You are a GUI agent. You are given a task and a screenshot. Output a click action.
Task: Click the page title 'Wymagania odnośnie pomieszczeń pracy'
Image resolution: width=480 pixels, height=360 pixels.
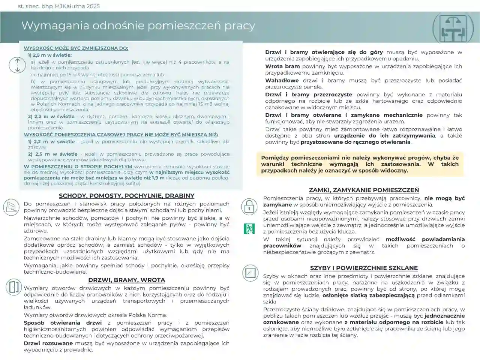pyautogui.click(x=138, y=25)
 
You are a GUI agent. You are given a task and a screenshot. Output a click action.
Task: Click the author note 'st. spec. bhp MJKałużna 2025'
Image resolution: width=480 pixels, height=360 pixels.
pyautogui.click(x=59, y=6)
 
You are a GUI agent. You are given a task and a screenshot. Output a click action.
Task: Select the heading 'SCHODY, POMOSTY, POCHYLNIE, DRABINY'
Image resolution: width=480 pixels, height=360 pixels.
pyautogui.click(x=126, y=196)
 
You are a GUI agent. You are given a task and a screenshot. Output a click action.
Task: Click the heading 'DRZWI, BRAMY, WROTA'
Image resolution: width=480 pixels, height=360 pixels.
pyautogui.click(x=126, y=280)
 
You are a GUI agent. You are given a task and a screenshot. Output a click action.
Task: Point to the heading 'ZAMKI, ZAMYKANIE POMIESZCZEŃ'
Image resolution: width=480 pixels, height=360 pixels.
pyautogui.click(x=364, y=190)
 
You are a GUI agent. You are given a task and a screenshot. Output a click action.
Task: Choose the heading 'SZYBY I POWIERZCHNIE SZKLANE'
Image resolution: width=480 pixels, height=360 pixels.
pyautogui.click(x=364, y=268)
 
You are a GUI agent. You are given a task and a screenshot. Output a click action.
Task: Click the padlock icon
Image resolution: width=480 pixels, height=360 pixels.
pyautogui.click(x=249, y=206)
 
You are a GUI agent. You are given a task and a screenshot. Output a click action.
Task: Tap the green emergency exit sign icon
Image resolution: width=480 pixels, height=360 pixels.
pyautogui.click(x=249, y=228)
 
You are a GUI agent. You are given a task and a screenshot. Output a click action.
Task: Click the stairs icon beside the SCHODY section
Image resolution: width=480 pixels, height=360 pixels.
pyautogui.click(x=11, y=207)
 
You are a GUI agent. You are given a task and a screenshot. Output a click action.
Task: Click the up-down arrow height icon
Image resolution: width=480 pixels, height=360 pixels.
pyautogui.click(x=17, y=65)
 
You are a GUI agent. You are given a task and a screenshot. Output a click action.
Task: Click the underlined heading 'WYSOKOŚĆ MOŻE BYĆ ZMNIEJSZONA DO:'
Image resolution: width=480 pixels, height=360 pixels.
pyautogui.click(x=76, y=48)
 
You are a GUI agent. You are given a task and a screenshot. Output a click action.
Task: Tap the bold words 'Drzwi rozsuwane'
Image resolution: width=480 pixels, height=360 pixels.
pyautogui.click(x=48, y=343)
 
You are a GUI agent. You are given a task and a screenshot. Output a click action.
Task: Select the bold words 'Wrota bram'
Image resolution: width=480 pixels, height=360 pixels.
pyautogui.click(x=282, y=66)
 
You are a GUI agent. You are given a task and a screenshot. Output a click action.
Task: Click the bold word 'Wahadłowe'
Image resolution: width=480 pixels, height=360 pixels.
pyautogui.click(x=282, y=81)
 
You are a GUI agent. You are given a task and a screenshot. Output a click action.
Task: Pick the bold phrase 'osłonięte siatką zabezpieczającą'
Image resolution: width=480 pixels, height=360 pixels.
pyautogui.click(x=369, y=295)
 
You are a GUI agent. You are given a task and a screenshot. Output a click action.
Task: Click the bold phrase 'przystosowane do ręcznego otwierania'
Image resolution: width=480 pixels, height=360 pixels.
pyautogui.click(x=355, y=142)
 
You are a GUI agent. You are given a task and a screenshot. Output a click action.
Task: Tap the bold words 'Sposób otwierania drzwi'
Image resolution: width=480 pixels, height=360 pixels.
pyautogui.click(x=63, y=323)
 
